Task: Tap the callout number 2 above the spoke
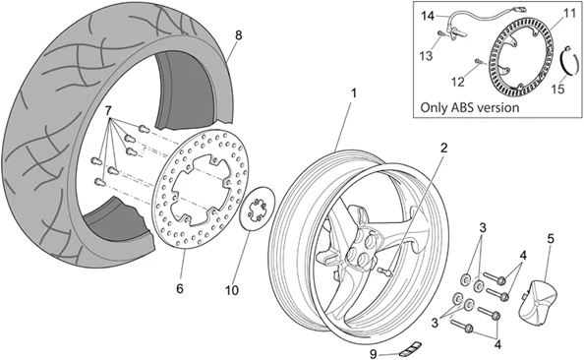443,148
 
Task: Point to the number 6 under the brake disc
179,289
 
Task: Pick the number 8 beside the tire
237,34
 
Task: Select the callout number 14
427,17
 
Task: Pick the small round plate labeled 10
259,210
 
